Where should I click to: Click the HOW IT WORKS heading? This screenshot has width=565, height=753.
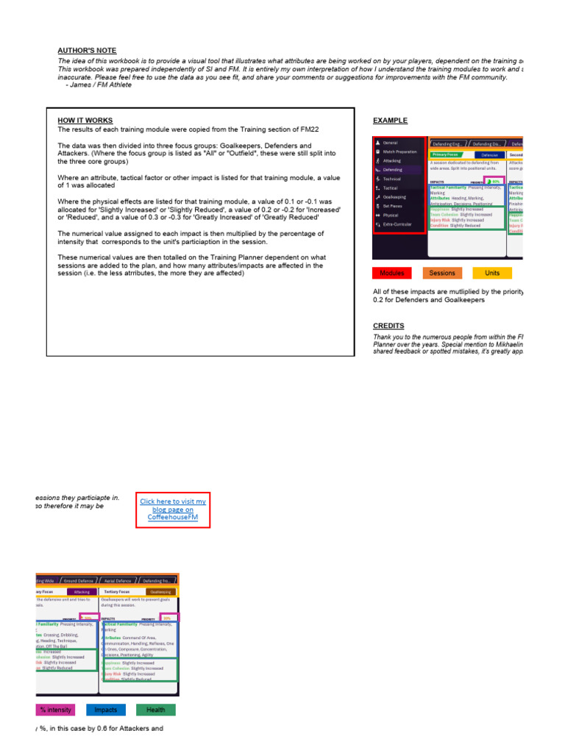(x=85, y=120)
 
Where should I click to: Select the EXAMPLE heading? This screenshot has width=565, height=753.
(x=390, y=120)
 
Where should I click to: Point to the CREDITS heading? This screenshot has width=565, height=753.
(x=388, y=326)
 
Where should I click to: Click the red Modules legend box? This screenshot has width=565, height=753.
(x=393, y=273)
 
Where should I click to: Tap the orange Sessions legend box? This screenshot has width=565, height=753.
(x=442, y=273)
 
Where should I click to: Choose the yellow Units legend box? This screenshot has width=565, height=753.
(x=492, y=273)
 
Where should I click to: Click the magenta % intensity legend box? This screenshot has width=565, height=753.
(x=56, y=710)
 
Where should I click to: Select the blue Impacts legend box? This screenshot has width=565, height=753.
(x=106, y=710)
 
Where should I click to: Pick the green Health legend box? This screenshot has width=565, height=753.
(x=155, y=710)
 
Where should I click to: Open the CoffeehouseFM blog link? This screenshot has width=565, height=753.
(x=173, y=510)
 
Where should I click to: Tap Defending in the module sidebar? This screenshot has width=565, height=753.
(x=393, y=169)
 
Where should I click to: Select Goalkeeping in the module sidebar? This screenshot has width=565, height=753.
(x=395, y=197)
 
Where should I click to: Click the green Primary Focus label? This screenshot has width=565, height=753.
(x=446, y=155)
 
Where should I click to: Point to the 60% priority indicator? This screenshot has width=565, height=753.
(x=494, y=181)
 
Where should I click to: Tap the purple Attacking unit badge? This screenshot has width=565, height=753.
(x=82, y=591)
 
